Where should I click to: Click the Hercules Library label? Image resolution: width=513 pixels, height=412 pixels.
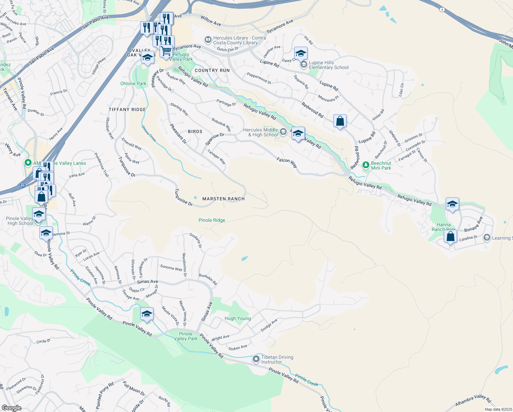tap(239, 40)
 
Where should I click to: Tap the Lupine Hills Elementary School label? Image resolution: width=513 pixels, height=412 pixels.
tap(329, 65)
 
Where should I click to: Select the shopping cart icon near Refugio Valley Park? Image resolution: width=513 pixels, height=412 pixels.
tap(166, 51)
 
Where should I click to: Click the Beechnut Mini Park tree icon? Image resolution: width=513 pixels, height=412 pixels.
tap(366, 165)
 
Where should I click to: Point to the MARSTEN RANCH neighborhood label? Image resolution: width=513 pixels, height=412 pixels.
tap(224, 199)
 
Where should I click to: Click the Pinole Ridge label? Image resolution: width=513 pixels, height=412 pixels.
tap(212, 220)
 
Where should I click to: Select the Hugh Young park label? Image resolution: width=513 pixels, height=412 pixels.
tap(238, 318)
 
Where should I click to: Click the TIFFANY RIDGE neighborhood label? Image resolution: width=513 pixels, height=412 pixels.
tap(127, 110)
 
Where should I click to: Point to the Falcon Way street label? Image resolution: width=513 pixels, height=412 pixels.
tap(287, 162)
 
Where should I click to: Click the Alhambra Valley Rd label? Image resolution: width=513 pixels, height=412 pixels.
tap(473, 400)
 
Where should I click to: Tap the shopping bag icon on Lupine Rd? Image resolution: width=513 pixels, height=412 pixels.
tap(340, 121)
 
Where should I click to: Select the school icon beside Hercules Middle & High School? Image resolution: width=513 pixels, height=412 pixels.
tap(298, 133)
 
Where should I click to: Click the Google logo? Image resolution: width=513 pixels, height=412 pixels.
tap(11, 408)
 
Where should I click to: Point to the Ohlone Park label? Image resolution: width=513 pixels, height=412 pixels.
tap(133, 83)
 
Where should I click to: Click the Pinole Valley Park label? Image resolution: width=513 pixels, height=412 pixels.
tap(186, 336)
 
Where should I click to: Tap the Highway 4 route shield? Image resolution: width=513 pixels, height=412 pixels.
tap(442, 10)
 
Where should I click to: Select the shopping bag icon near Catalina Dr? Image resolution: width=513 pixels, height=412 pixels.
tap(450, 237)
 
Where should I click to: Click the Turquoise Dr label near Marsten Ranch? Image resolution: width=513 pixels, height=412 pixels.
tap(184, 197)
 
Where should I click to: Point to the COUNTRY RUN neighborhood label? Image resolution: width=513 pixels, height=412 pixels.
tap(212, 70)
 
